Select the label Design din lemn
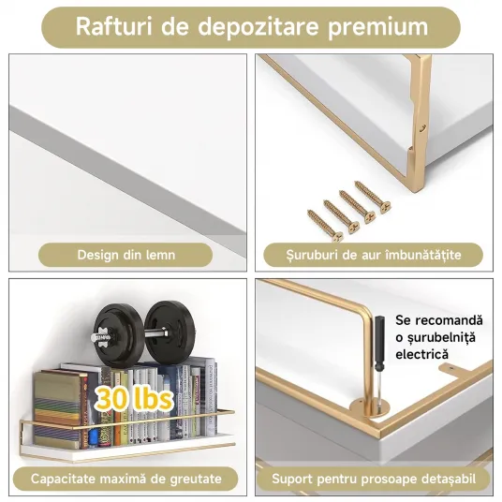click(x=126, y=255)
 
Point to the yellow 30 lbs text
click(x=134, y=398)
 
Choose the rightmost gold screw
click(x=372, y=197)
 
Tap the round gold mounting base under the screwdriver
click(x=369, y=409)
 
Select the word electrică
click(x=421, y=354)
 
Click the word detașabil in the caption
click(x=449, y=480)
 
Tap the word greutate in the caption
click(x=196, y=480)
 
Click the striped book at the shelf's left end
click(x=57, y=409)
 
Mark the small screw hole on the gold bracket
click(x=422, y=127)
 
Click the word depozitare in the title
click(x=258, y=28)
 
